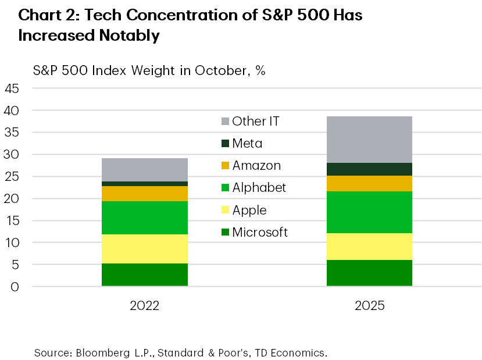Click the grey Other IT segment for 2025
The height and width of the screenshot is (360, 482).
[x=369, y=140]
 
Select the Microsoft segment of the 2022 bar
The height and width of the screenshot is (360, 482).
[x=145, y=275]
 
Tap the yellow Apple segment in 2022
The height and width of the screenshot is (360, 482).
[x=145, y=249]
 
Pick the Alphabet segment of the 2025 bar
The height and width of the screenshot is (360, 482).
[x=369, y=212]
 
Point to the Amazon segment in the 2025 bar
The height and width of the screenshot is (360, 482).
[x=369, y=183]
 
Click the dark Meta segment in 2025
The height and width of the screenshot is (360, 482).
[x=369, y=169]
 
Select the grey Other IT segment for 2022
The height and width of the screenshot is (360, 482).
[x=145, y=170]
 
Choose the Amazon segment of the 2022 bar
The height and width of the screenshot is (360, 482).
[x=145, y=194]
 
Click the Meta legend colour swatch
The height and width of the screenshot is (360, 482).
[x=224, y=144]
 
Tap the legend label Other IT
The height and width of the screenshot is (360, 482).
[x=256, y=122]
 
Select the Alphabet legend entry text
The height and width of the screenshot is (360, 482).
[x=259, y=188]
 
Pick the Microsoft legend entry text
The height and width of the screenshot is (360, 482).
[x=260, y=233]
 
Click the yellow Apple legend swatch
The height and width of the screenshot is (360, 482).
[x=224, y=211]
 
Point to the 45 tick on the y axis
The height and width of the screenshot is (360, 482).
[x=12, y=89]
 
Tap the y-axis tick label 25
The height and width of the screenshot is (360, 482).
[x=12, y=177]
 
